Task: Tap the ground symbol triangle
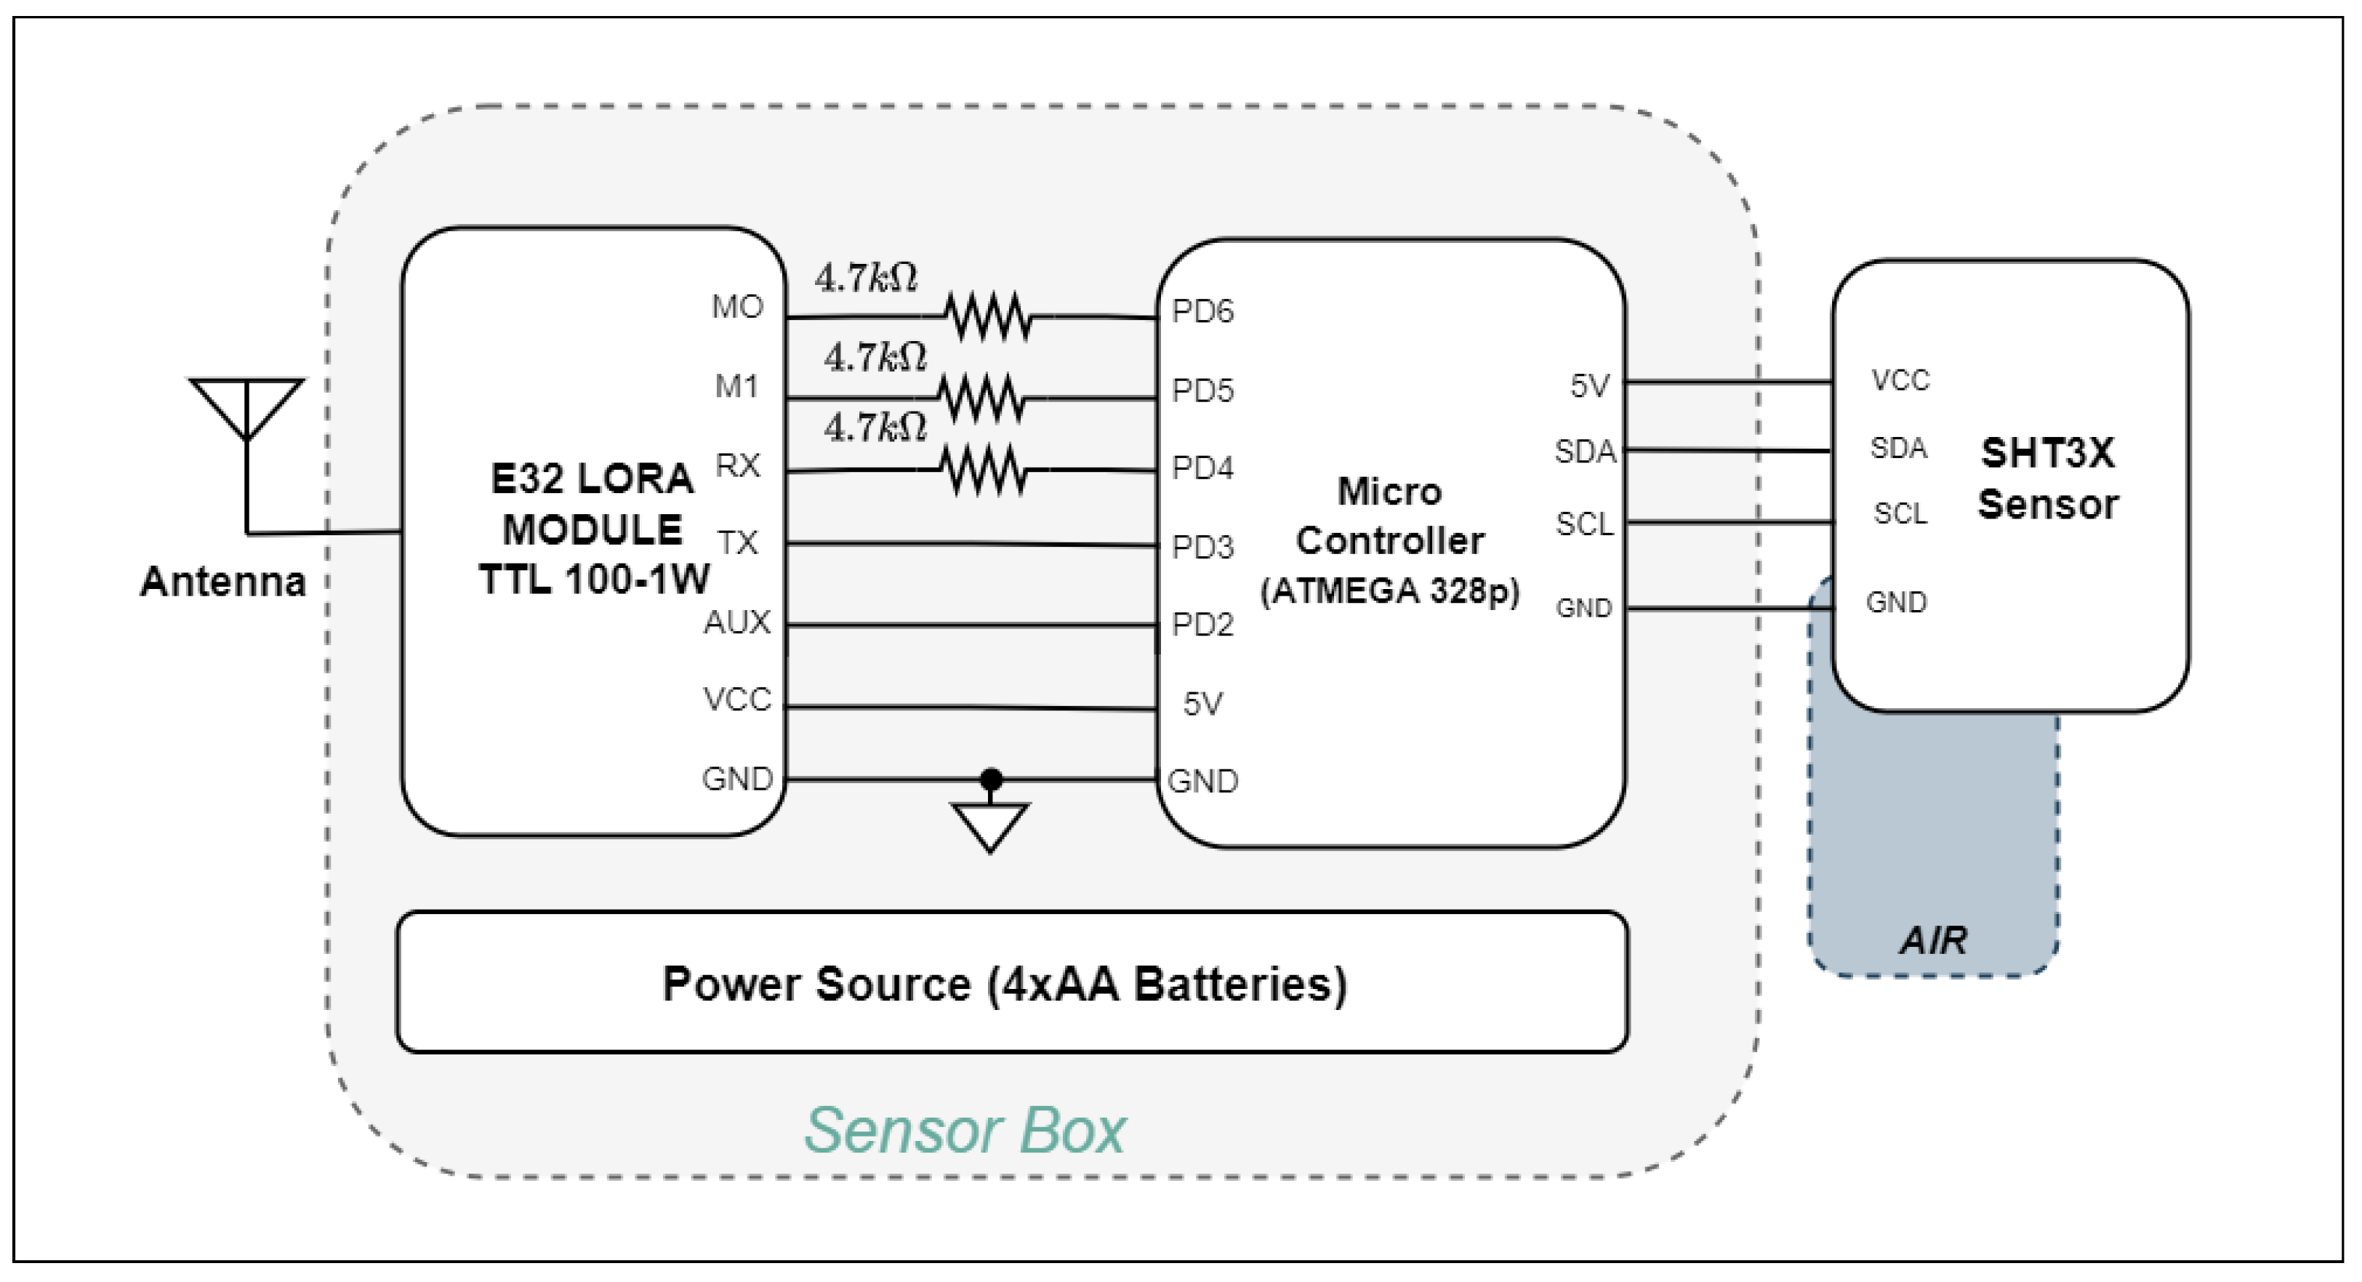pyautogui.click(x=990, y=828)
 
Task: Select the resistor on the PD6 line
pyautogui.click(x=989, y=317)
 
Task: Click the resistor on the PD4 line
pyautogui.click(x=984, y=470)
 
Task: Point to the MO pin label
pyautogui.click(x=737, y=307)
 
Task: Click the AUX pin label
pyautogui.click(x=737, y=622)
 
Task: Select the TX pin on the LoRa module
pyautogui.click(x=738, y=543)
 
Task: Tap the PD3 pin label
pyautogui.click(x=1203, y=548)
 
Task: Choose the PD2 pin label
pyautogui.click(x=1203, y=625)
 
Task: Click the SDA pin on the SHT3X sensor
pyautogui.click(x=1899, y=449)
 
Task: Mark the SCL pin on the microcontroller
pyautogui.click(x=1584, y=524)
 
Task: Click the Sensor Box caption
pyautogui.click(x=965, y=1131)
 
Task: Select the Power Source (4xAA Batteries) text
pyautogui.click(x=1005, y=985)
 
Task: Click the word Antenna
pyautogui.click(x=222, y=582)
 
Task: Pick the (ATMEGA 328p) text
pyautogui.click(x=1390, y=591)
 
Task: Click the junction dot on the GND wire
pyautogui.click(x=991, y=780)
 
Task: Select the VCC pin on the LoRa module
pyautogui.click(x=737, y=700)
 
